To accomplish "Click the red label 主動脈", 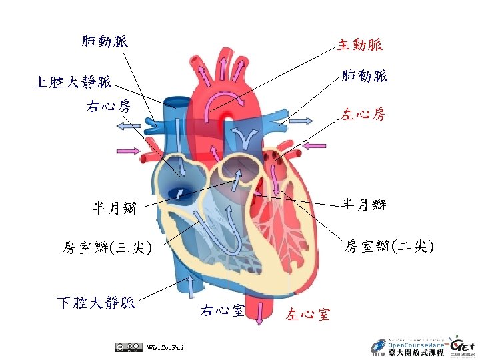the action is (360, 45).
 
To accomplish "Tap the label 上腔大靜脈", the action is (73, 83).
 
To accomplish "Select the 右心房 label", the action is (108, 106).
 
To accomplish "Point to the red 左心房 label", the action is (363, 115).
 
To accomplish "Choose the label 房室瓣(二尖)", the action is (389, 247).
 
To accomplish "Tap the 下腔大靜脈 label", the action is (97, 303).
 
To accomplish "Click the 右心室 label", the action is (221, 311).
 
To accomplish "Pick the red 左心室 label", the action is (308, 314).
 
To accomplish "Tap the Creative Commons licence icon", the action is (128, 347).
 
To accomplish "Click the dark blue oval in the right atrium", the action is (179, 193).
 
